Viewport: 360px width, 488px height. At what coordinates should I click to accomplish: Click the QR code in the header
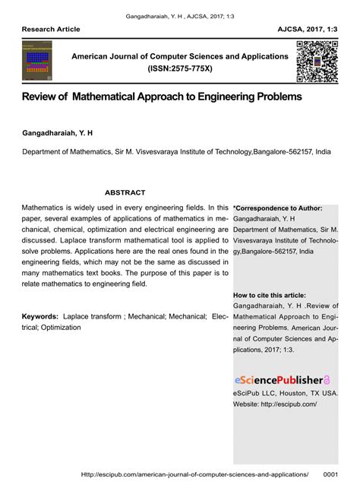(317, 62)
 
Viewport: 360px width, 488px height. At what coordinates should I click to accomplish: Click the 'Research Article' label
(51, 29)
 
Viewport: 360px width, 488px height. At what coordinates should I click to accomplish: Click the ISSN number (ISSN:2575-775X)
(180, 68)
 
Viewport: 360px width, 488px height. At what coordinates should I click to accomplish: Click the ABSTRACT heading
(125, 192)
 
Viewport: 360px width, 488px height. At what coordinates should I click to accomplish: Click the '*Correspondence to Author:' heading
(278, 208)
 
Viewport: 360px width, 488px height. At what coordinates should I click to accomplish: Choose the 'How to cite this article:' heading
(270, 295)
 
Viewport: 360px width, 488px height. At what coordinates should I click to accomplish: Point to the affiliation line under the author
(176, 151)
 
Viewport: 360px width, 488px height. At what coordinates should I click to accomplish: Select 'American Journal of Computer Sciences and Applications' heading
(180, 56)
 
